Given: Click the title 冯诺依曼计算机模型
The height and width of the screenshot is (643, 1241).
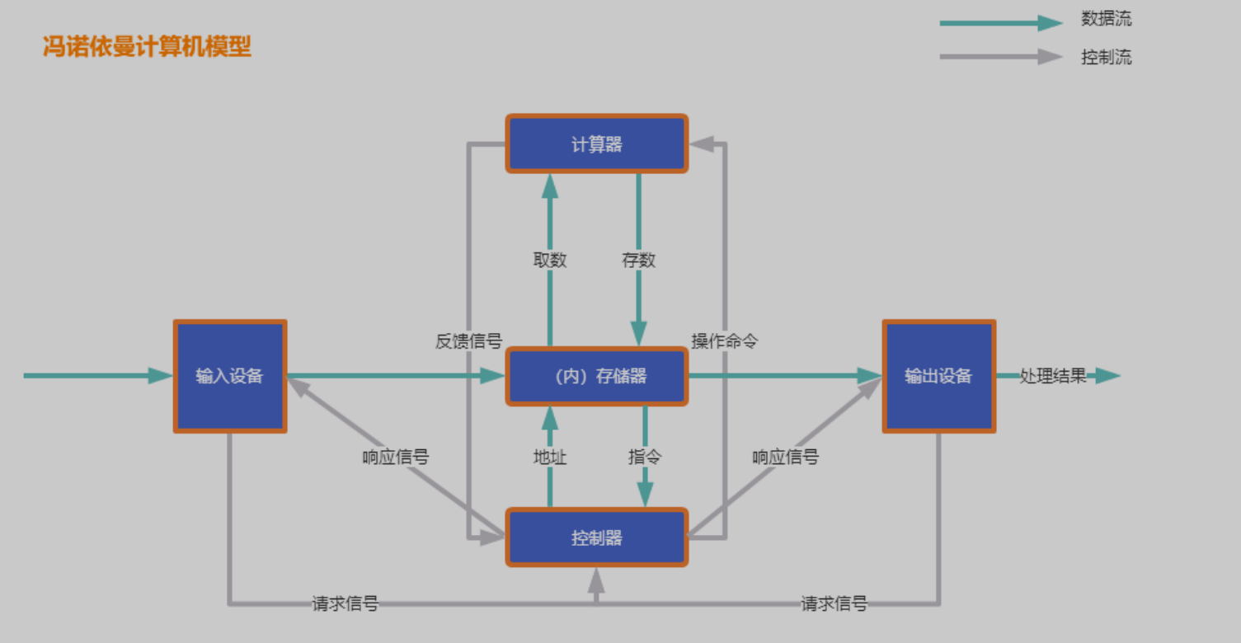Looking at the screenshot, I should coord(147,47).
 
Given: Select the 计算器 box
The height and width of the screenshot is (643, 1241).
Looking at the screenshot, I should coord(596,144).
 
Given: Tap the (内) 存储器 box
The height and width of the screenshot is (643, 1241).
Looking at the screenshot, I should coord(596,377).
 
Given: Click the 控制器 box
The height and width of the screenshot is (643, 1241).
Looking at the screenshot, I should coord(596,538).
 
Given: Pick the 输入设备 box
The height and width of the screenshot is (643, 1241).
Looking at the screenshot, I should coord(229,377).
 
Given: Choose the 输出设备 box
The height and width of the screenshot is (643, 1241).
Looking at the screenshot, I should coord(938,377).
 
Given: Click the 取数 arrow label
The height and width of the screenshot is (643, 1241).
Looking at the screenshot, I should coord(550,260).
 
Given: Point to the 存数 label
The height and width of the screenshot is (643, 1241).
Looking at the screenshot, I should coord(638,260).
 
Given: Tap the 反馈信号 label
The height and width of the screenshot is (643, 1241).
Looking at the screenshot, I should coord(468,341).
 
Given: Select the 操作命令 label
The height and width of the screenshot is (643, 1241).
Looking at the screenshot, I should coord(724,341).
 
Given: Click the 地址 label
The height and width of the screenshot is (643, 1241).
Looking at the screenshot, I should coord(550,457).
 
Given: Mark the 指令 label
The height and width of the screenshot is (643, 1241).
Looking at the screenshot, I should coord(645,457).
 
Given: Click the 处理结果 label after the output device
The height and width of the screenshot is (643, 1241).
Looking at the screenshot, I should coord(1053,377).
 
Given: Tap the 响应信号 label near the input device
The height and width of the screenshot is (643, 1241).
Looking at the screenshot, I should coord(396,457).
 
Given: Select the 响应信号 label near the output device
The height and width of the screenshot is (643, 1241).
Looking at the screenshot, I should coord(785,457).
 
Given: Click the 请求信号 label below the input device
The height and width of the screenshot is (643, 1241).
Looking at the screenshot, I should coord(345,603).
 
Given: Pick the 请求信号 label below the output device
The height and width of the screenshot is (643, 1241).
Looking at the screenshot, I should coord(834,603).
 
